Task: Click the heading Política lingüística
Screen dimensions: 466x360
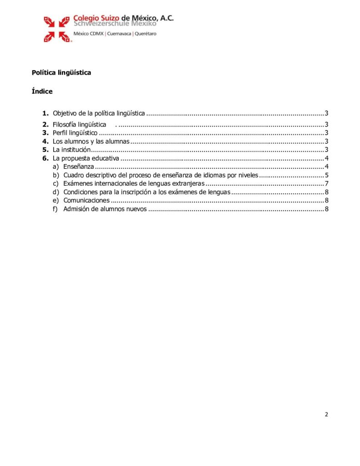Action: [x=61, y=72]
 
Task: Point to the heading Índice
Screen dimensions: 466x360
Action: [x=42, y=91]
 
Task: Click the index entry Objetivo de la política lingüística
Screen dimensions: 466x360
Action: [x=99, y=113]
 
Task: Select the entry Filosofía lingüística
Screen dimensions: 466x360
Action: [x=80, y=125]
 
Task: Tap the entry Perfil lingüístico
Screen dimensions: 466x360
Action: [x=75, y=133]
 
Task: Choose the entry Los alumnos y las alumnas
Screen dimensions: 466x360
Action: [x=91, y=142]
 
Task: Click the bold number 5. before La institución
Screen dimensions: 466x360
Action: [x=45, y=150]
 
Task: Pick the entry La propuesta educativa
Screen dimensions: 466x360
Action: [x=86, y=158]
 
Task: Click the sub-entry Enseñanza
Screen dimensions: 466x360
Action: [x=79, y=167]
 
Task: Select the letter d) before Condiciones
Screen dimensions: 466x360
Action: [x=56, y=192]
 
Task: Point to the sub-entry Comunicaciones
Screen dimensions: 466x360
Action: [x=86, y=201]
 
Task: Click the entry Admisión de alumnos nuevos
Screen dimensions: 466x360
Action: [x=105, y=209]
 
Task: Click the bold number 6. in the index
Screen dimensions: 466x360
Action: [x=45, y=158]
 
